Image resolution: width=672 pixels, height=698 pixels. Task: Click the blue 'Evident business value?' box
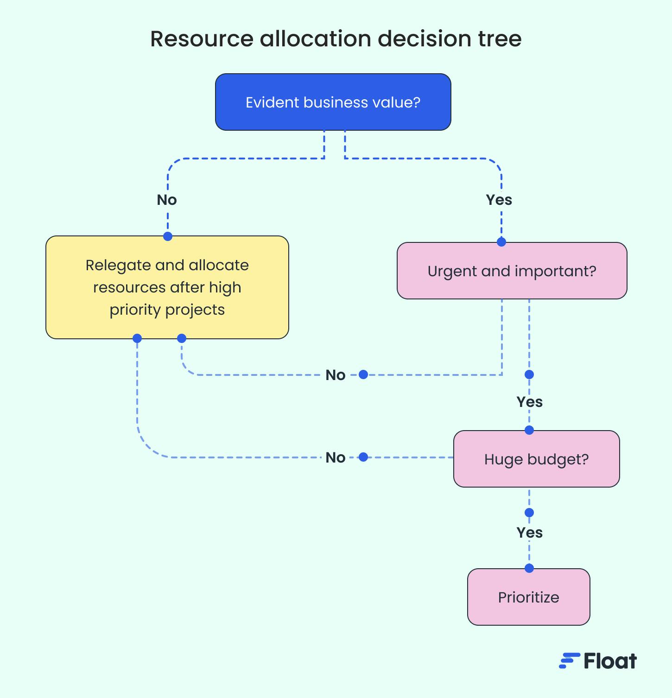[x=333, y=102]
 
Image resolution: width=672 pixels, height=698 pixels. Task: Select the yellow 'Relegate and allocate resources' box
[x=167, y=287]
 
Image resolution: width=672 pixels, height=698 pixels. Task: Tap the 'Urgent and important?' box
[x=512, y=271]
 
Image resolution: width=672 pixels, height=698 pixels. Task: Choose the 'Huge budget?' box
[x=536, y=459]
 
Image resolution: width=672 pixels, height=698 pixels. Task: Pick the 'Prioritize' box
[x=528, y=597]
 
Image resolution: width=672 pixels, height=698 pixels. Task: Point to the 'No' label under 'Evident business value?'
[x=167, y=200]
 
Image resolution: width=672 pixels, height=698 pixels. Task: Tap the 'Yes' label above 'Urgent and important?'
[x=499, y=200]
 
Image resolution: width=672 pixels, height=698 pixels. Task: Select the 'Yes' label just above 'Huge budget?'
[x=529, y=402]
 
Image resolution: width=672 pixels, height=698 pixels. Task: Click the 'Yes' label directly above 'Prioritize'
[x=529, y=533]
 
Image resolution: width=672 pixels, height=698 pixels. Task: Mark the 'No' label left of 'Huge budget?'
[x=336, y=457]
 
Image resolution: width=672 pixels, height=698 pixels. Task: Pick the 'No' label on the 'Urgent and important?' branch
[x=336, y=375]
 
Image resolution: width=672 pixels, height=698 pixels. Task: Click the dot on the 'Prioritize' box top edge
[x=529, y=568]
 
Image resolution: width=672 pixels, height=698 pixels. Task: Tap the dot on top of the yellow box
[x=168, y=236]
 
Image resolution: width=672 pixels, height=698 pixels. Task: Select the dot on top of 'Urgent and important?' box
[x=501, y=242]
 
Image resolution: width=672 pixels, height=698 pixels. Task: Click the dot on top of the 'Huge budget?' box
[x=529, y=431]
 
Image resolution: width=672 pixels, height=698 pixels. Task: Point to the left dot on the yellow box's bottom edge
[x=137, y=338]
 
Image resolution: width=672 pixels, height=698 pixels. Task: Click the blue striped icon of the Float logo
[x=569, y=661]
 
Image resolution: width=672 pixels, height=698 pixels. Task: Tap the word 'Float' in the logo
[x=610, y=661]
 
